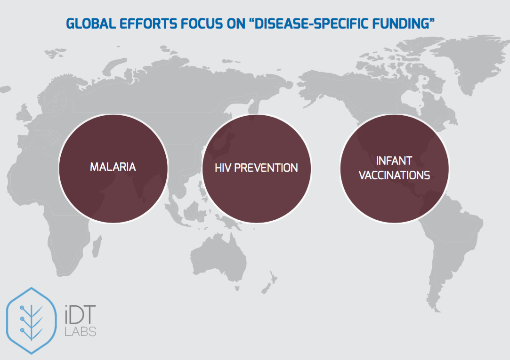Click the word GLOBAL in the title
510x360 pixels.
91,24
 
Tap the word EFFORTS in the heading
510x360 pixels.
148,24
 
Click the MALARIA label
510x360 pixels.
113,167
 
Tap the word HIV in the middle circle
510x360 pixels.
223,168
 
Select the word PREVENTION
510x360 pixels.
266,168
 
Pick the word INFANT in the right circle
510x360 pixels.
394,161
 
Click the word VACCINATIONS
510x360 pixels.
394,176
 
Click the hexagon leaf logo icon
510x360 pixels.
31,320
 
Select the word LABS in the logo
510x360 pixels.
81,331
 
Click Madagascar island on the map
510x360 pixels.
97,246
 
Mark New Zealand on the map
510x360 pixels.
270,283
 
